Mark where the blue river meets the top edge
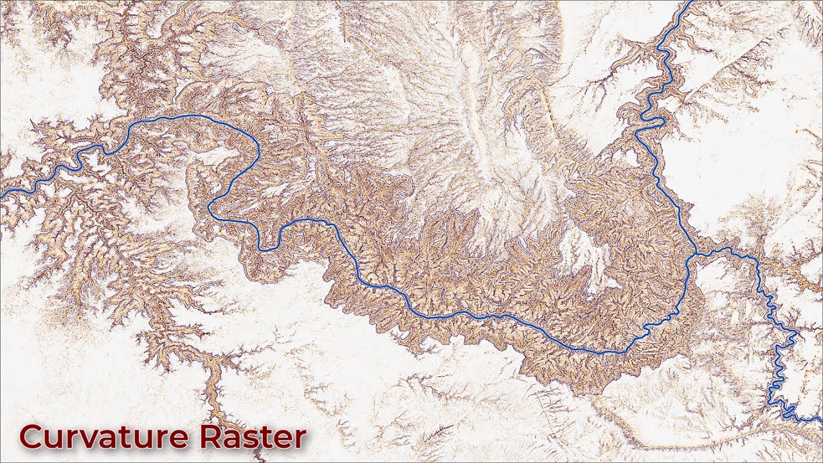coord(691,2)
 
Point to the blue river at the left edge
coord(2,194)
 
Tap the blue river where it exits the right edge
coord(820,421)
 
